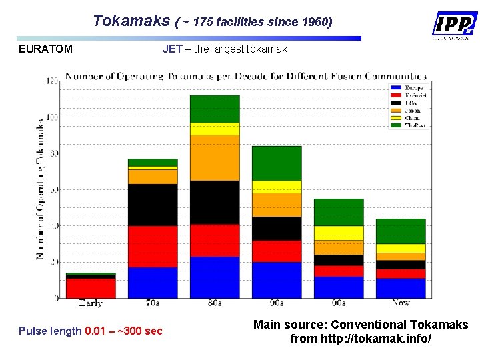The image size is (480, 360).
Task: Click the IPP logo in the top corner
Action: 453,26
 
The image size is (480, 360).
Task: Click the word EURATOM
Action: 46,49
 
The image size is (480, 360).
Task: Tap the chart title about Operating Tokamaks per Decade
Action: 245,76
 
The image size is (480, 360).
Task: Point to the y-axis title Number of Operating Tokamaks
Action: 41,189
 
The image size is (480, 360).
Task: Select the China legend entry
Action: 413,118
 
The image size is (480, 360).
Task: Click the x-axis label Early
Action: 91,303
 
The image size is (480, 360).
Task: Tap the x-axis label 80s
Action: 215,303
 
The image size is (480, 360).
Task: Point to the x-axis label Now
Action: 401,303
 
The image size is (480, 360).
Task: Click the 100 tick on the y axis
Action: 51,117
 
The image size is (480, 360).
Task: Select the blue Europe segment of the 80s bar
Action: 215,277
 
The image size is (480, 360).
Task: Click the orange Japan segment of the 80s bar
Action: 215,158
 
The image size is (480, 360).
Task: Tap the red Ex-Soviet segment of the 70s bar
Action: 153,247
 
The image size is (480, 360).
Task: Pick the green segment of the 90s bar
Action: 277,163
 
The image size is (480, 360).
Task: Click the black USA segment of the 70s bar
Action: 153,205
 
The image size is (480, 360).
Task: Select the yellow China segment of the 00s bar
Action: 339,233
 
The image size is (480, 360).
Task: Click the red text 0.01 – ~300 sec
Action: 124,331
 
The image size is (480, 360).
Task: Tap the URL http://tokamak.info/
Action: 361,339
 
